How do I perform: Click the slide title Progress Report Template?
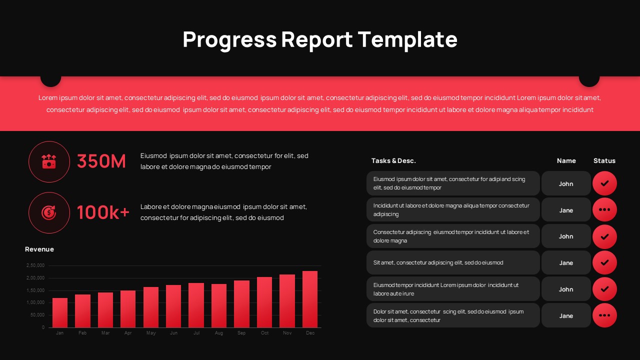tap(320, 39)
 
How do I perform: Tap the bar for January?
tap(60, 312)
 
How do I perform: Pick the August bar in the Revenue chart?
tap(219, 305)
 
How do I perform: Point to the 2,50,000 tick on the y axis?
tap(35, 265)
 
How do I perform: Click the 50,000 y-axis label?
tap(37, 315)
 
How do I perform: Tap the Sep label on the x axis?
tap(241, 333)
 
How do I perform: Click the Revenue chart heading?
tap(39, 249)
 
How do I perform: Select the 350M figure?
tap(101, 161)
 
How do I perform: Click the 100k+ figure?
tap(103, 212)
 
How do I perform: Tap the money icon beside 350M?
tap(49, 161)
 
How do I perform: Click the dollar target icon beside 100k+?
tap(49, 213)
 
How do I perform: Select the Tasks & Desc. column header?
tap(393, 160)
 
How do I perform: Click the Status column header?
tap(604, 160)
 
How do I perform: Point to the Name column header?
tap(566, 160)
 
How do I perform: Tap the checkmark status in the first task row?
tap(604, 183)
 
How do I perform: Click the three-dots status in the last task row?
tap(604, 315)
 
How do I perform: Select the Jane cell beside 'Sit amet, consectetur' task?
tap(566, 262)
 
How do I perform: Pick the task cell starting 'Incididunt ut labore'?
tap(453, 209)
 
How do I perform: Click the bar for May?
tap(151, 307)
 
